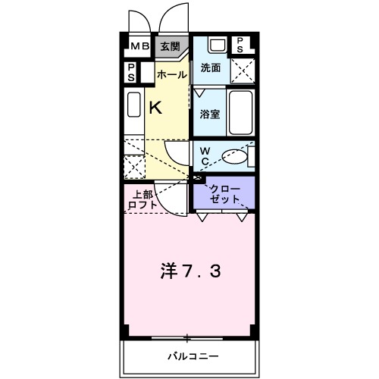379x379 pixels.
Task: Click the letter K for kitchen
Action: [155, 108]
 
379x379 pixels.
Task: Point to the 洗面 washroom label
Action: [210, 68]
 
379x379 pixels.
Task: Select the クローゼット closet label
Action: [224, 193]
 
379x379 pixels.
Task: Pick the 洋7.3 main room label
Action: [189, 271]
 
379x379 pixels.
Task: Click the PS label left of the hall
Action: [130, 74]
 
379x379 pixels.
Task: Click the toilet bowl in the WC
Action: [236, 156]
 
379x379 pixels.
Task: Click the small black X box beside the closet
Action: [199, 179]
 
